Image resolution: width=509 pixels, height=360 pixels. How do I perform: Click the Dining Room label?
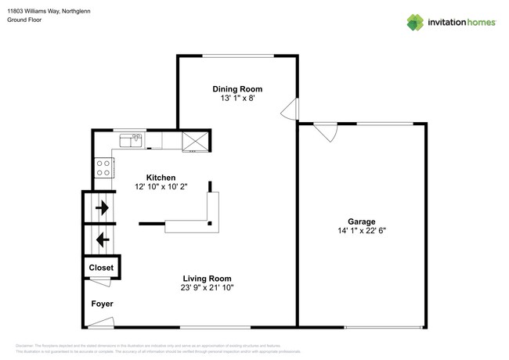click(236, 89)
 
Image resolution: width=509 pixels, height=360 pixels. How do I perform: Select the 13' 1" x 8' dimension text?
click(236, 99)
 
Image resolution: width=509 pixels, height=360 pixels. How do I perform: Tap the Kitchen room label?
click(161, 178)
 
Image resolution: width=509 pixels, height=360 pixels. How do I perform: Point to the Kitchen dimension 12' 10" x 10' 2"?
click(161, 188)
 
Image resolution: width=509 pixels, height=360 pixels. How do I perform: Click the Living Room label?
click(207, 278)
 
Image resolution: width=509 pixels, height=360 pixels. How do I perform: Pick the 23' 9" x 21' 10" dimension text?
click(207, 288)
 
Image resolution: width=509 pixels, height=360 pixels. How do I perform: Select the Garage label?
click(362, 221)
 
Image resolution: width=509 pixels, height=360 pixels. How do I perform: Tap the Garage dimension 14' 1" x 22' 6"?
click(362, 231)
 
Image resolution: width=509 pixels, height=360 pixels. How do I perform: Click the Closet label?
click(100, 268)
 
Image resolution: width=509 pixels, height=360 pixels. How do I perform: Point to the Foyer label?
click(103, 304)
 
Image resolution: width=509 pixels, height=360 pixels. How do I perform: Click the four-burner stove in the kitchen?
click(104, 167)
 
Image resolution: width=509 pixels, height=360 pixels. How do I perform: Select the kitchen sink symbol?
click(130, 140)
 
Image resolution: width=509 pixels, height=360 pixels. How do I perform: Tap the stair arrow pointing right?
click(103, 209)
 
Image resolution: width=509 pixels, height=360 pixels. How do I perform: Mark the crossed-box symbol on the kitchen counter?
click(195, 141)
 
